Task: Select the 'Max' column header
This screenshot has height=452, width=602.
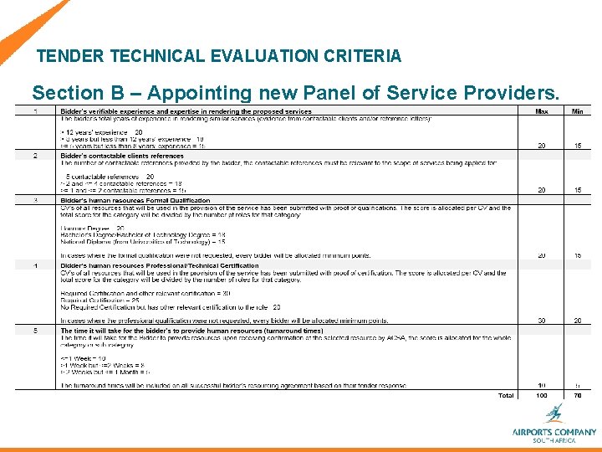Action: click(x=542, y=111)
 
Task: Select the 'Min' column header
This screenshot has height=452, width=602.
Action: click(x=578, y=111)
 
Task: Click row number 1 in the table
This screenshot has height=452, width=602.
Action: click(x=35, y=111)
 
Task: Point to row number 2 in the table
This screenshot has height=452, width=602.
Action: click(x=35, y=156)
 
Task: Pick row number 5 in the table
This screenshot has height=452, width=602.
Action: click(x=35, y=331)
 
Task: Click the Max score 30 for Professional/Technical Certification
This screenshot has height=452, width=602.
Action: click(x=542, y=320)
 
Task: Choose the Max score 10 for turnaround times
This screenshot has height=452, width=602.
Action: click(x=542, y=385)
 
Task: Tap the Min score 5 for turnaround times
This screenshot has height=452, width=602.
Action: click(x=578, y=385)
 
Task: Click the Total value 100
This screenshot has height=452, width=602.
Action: click(x=542, y=395)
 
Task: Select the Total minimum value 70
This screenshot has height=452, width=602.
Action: click(x=578, y=395)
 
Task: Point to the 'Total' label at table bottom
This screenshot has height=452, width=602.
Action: click(x=506, y=395)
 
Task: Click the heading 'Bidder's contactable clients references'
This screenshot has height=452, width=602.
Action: click(x=122, y=156)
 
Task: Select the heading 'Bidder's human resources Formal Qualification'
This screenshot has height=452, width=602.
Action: click(x=135, y=201)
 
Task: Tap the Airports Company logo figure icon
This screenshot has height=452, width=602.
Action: click(x=554, y=413)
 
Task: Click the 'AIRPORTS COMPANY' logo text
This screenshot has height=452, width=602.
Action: click(x=554, y=432)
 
